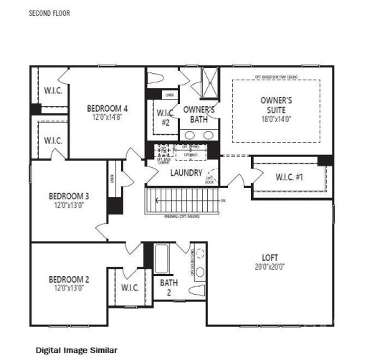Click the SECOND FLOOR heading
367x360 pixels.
(49, 13)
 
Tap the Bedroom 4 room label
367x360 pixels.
(108, 109)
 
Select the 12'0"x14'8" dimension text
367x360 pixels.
(108, 118)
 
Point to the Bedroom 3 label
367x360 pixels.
(69, 196)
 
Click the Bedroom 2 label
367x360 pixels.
(69, 279)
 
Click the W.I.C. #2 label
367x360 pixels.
(163, 116)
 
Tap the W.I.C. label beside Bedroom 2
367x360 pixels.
(130, 288)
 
